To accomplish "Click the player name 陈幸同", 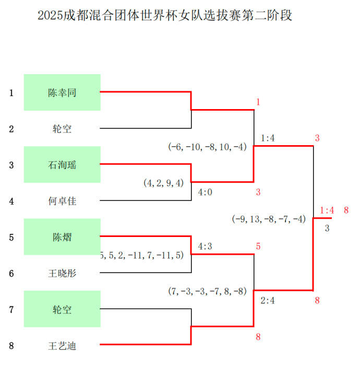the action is point(62,93).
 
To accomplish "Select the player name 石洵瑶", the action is point(62,165).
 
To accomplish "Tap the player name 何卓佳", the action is point(62,201).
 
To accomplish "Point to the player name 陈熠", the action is point(62,237).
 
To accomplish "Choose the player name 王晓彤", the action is point(62,274).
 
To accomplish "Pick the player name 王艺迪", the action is point(62,346).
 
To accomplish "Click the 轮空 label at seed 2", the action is point(62,129).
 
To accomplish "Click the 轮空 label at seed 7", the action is point(62,310).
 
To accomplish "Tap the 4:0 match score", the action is point(205,193).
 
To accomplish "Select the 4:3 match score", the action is point(205,246).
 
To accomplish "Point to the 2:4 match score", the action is point(268,301).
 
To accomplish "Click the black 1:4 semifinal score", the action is point(268,138).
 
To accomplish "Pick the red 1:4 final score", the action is point(327,210).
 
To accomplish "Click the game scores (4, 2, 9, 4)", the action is point(164,183).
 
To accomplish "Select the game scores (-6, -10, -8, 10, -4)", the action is point(207,147).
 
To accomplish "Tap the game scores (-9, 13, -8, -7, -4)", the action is point(269,219).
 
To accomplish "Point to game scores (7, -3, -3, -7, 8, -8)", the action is point(207,291).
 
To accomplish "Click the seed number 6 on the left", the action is point(11,274).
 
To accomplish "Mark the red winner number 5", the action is point(258,246).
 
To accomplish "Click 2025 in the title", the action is point(50,15).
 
